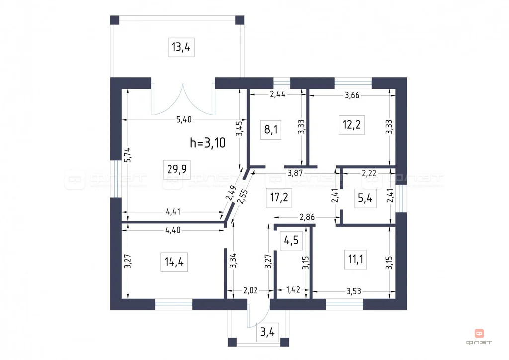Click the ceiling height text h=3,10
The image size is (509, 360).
click(x=208, y=143)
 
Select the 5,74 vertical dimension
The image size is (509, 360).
click(x=128, y=155)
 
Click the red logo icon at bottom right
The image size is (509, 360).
click(x=479, y=333)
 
